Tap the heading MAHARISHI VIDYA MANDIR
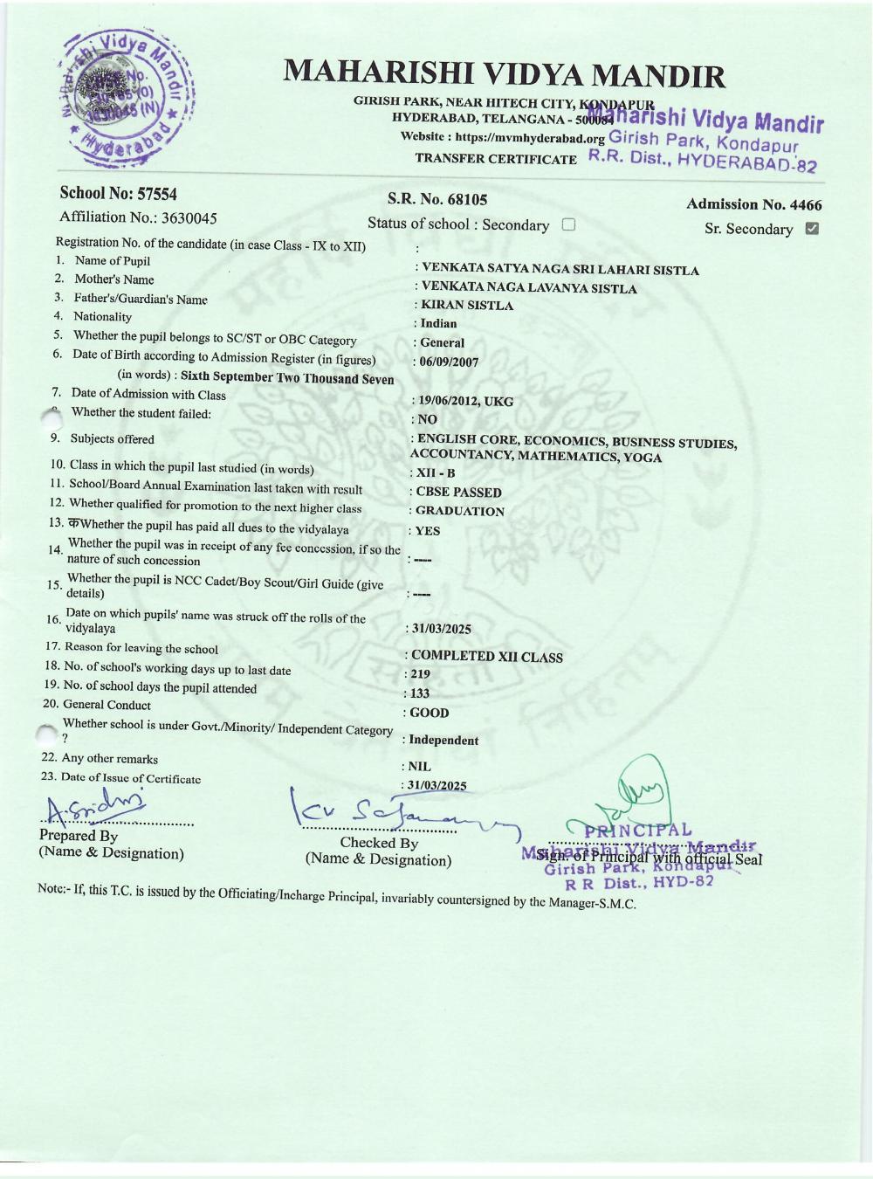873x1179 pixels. click(504, 75)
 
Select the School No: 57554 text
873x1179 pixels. click(118, 194)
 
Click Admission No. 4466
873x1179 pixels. click(753, 205)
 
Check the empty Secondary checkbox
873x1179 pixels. click(568, 224)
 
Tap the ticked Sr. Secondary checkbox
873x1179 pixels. click(812, 229)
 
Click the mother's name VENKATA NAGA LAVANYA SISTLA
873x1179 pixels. click(528, 288)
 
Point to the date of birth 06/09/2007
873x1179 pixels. click(449, 362)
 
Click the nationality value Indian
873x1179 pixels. click(438, 324)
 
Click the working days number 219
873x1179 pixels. click(420, 674)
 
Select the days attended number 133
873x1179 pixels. click(420, 693)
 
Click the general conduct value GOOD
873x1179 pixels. click(429, 713)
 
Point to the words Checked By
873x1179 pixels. click(378, 843)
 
